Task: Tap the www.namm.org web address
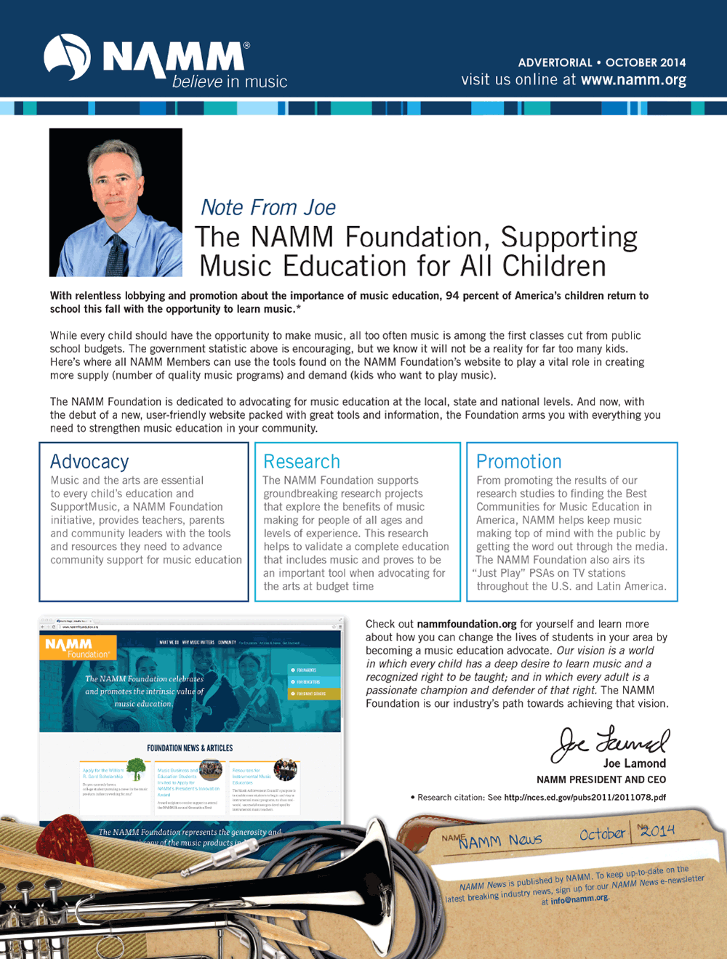[633, 80]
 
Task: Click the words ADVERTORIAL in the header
[555, 63]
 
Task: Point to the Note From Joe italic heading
[268, 208]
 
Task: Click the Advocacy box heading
[89, 462]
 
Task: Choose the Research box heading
[302, 462]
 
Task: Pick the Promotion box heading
[518, 462]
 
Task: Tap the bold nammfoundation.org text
[467, 624]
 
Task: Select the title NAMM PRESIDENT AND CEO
[601, 779]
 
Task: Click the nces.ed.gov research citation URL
[585, 798]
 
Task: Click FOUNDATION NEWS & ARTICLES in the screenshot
[190, 747]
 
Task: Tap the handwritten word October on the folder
[602, 834]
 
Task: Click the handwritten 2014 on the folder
[659, 830]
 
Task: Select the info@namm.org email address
[579, 899]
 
